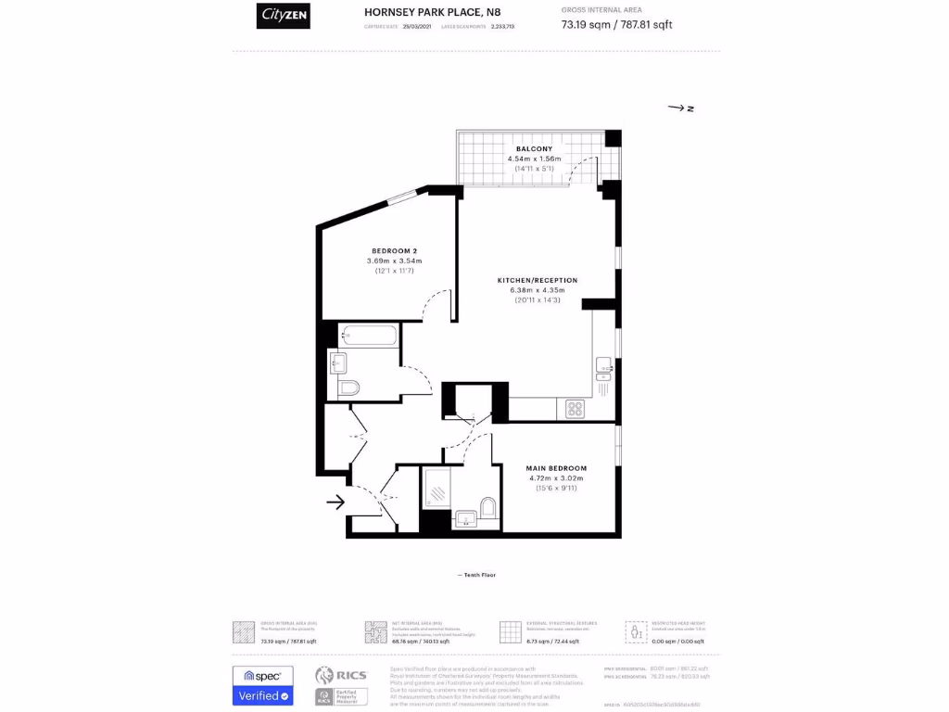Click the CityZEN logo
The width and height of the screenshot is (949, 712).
(283, 17)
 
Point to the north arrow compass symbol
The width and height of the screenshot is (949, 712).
(681, 108)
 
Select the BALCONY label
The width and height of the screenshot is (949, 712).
(534, 148)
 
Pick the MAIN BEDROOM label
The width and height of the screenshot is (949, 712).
(556, 468)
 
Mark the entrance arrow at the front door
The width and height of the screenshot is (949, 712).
(335, 502)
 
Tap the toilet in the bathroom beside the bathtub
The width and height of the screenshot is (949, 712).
(349, 387)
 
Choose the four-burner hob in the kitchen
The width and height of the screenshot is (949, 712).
(575, 408)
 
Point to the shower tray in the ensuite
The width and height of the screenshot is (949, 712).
(436, 488)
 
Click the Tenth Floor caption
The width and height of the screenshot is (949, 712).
(477, 575)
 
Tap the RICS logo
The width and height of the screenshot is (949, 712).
(341, 676)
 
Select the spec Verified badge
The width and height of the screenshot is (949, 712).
(262, 685)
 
